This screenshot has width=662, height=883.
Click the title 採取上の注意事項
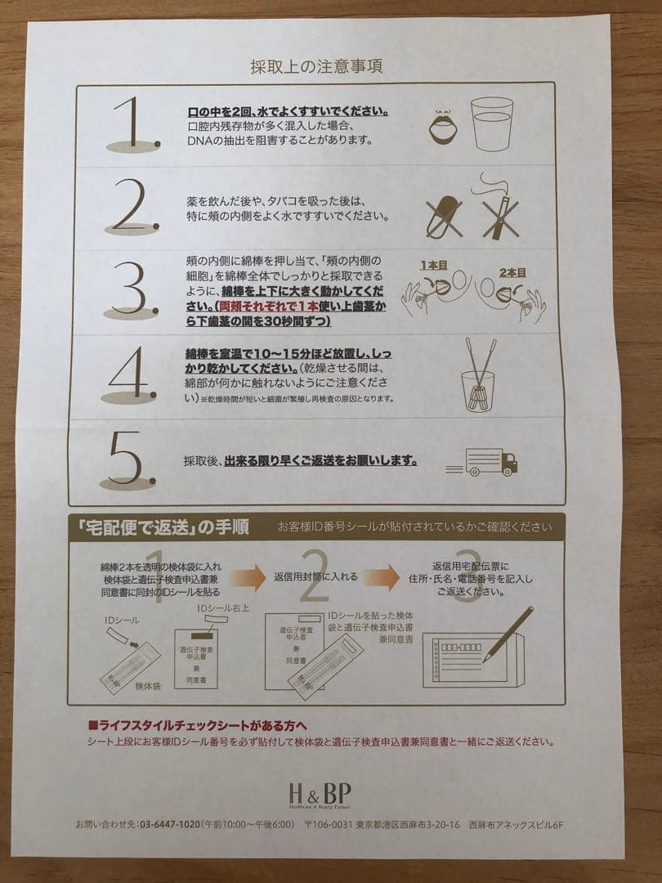tap(316, 66)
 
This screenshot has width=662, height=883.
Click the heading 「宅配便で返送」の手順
tap(163, 525)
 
